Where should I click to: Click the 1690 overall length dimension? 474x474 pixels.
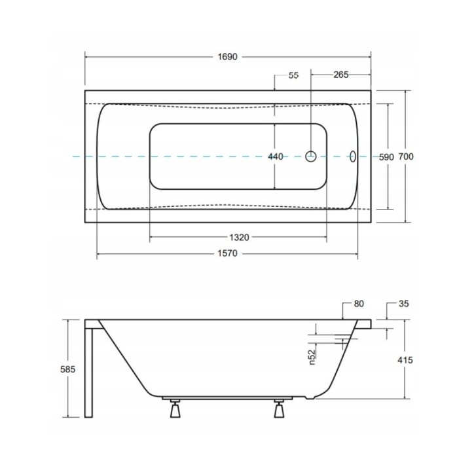click(228, 57)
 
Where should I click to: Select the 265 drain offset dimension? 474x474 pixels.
click(341, 75)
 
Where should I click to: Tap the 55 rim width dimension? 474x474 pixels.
click(293, 75)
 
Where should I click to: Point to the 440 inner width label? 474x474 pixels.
click(276, 156)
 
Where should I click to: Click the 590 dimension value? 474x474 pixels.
click(387, 157)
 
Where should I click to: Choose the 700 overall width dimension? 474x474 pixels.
click(406, 156)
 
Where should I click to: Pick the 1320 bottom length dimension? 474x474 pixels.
click(239, 238)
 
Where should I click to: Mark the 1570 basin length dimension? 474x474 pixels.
click(228, 253)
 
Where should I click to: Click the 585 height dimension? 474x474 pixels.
click(67, 369)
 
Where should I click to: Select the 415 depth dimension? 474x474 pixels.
click(405, 360)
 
